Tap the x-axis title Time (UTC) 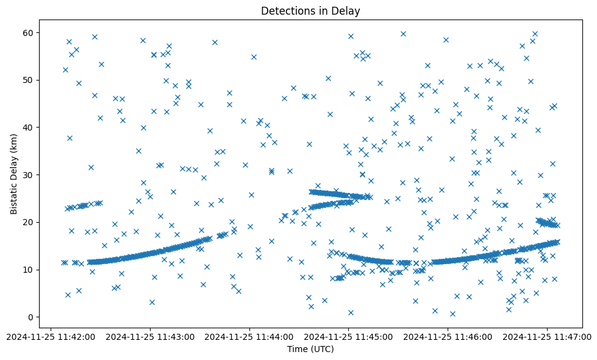click(310, 349)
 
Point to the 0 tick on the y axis click(30, 317)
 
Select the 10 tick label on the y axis click(28, 270)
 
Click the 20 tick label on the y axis click(28, 222)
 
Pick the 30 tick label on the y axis click(28, 175)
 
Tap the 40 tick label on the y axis click(28, 128)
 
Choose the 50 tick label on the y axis click(28, 80)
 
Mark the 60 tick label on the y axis click(28, 32)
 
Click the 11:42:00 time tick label click(51, 336)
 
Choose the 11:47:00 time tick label click(548, 336)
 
